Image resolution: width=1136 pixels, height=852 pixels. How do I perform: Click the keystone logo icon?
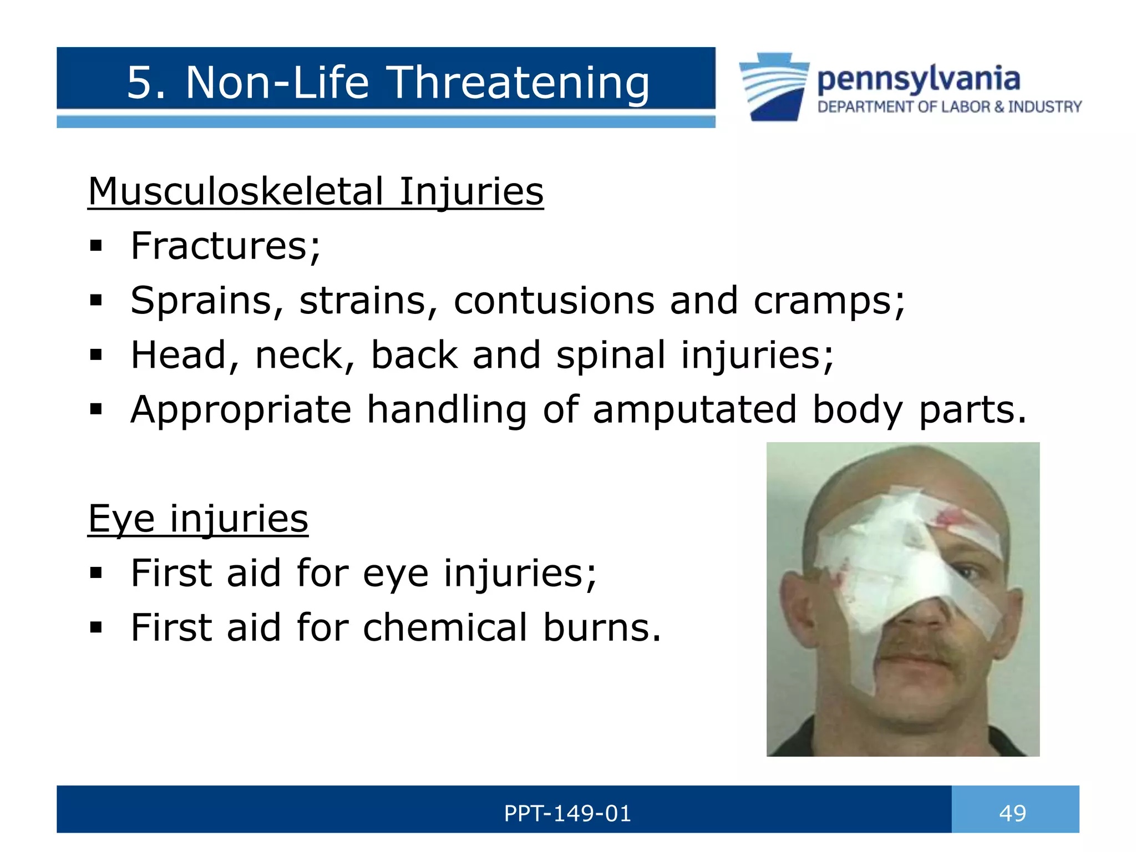(774, 87)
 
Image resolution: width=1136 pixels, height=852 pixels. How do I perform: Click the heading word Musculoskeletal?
(236, 191)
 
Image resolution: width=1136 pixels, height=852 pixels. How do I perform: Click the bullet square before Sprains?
(96, 301)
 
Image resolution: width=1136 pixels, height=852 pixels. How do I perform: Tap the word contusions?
(554, 301)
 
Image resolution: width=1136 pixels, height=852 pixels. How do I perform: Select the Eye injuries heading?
(198, 519)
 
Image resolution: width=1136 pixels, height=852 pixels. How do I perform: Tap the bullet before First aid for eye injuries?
(96, 573)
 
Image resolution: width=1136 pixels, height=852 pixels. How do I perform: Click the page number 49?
(1012, 813)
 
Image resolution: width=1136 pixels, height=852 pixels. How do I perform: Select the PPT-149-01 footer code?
(567, 813)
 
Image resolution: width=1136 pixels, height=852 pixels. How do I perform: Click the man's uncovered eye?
(968, 571)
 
